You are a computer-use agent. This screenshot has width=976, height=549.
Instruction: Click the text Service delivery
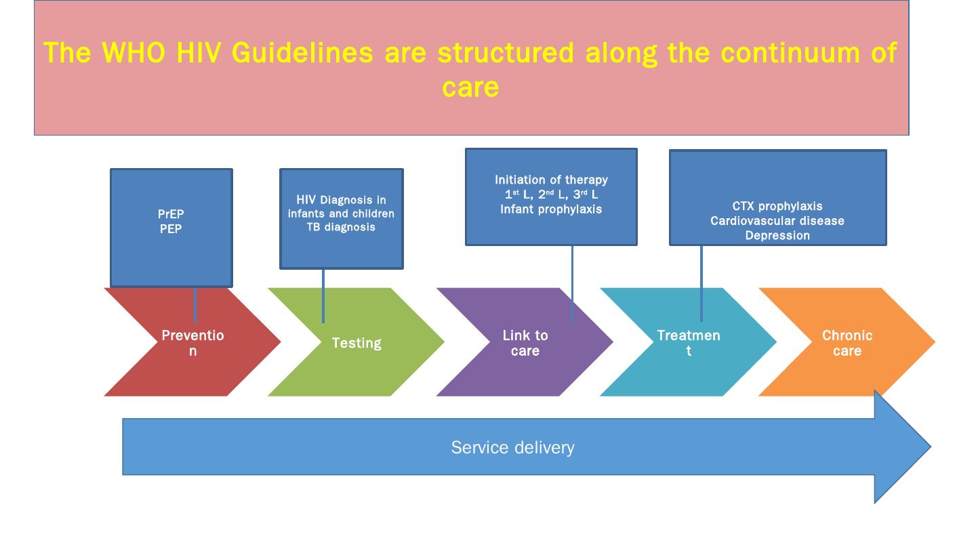click(512, 447)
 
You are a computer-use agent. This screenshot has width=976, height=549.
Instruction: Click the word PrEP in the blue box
click(171, 215)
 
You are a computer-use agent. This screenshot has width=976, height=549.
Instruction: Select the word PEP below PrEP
click(171, 229)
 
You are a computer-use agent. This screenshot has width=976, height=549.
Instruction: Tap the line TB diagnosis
click(341, 228)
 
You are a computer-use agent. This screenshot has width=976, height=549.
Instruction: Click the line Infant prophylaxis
click(551, 209)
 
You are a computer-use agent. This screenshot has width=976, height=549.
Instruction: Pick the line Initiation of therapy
click(551, 180)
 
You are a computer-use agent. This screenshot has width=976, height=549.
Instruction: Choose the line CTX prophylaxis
click(777, 206)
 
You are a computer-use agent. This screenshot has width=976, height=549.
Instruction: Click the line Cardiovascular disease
click(777, 221)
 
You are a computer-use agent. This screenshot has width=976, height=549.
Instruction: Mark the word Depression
click(777, 236)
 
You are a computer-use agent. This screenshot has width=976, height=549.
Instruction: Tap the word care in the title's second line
click(470, 87)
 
